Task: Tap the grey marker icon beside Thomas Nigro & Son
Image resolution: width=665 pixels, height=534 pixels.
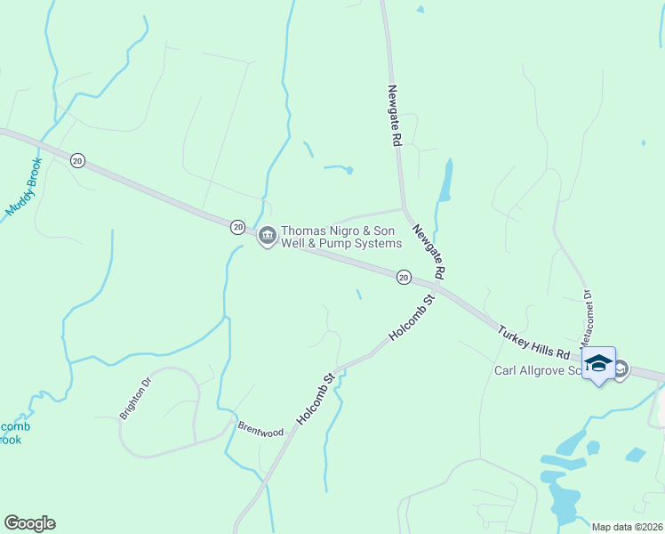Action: point(267,237)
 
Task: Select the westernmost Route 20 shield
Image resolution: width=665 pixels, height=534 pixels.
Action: point(77,160)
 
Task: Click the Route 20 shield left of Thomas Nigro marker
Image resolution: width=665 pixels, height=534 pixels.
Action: point(237,227)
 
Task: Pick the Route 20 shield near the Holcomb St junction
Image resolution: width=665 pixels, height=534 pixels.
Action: point(404,278)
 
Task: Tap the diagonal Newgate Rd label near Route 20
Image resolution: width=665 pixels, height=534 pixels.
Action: point(428,250)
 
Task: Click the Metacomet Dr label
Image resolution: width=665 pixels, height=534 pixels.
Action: point(585,319)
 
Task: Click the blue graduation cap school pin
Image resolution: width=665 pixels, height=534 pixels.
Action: point(598,363)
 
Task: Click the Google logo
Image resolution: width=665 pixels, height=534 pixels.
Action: point(29,523)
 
